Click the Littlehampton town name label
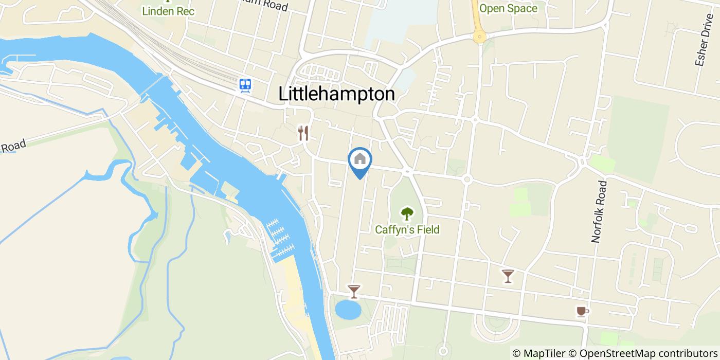click(x=336, y=94)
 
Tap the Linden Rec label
click(x=169, y=10)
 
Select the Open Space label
click(x=508, y=8)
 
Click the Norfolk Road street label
click(x=599, y=211)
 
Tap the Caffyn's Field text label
click(x=407, y=229)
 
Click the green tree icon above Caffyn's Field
click(x=407, y=213)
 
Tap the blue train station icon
click(x=245, y=85)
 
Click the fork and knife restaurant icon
click(x=303, y=133)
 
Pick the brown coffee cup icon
click(x=582, y=311)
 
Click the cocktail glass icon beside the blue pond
click(x=354, y=292)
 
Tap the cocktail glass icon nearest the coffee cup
click(x=508, y=276)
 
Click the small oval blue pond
click(x=348, y=310)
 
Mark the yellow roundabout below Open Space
click(x=479, y=36)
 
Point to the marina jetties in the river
click(x=280, y=237)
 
